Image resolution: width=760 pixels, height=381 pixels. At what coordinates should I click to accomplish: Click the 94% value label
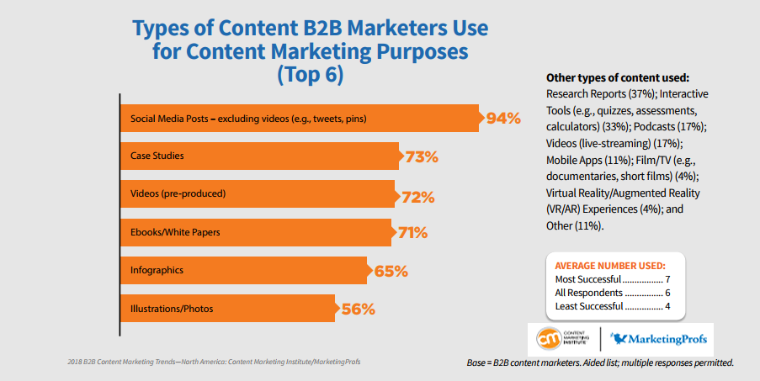coord(503,118)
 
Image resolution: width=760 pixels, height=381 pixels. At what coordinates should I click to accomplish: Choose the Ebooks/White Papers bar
coord(256,233)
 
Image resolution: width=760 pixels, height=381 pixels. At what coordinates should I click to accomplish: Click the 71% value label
coord(413,233)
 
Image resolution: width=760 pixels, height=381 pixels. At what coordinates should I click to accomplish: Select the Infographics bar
coord(243,271)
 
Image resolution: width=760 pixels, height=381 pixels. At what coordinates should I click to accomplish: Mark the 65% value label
coord(390,271)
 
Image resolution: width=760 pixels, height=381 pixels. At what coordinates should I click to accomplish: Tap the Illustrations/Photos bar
coord(227,309)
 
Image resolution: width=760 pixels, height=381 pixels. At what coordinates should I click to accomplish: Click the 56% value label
coord(358,309)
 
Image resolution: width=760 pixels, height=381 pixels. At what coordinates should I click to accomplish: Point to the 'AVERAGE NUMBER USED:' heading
coord(610,266)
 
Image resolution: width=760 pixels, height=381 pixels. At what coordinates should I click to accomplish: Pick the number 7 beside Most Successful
coord(666,279)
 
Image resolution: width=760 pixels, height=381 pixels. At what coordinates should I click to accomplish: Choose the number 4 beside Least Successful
coord(666,306)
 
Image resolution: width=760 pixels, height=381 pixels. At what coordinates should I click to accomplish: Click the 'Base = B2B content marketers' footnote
coord(600,363)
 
